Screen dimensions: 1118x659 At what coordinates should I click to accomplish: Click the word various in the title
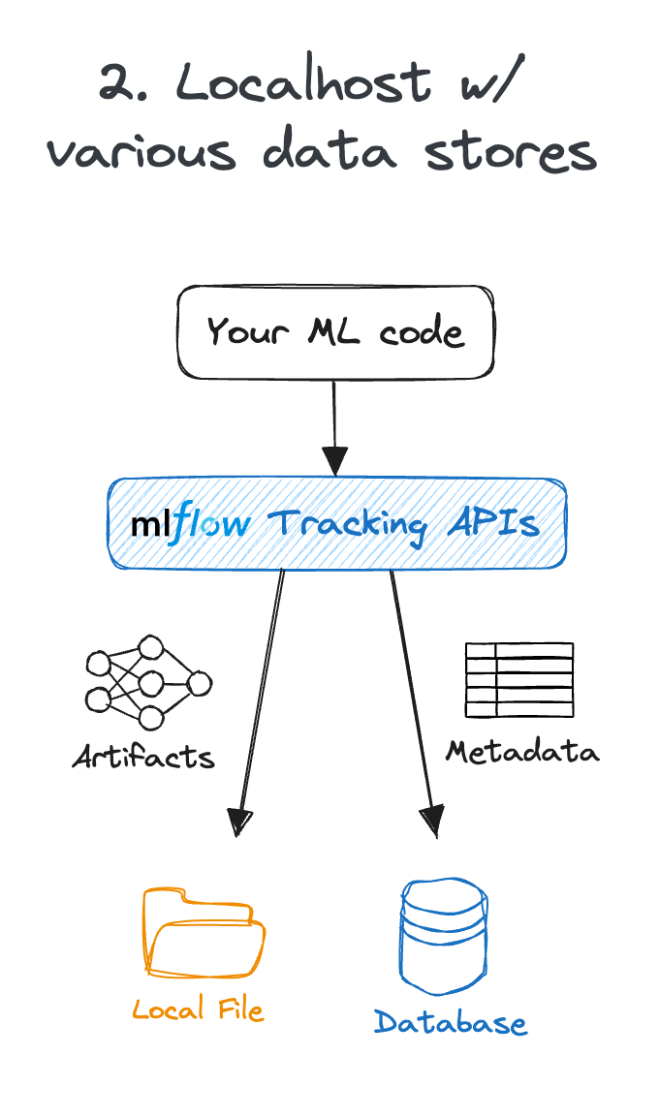(x=141, y=152)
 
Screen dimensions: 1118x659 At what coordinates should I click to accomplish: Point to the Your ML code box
(x=335, y=332)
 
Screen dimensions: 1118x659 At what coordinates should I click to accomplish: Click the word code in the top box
(x=422, y=332)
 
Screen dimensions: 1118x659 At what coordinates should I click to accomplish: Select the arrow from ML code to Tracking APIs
(x=334, y=426)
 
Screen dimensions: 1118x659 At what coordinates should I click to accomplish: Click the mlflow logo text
(x=190, y=524)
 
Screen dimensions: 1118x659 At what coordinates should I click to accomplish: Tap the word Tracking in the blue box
(x=346, y=524)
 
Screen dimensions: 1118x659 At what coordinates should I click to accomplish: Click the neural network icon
(x=147, y=683)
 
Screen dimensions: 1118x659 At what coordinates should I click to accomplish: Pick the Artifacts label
(x=143, y=756)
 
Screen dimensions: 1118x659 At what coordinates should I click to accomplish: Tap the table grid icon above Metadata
(x=519, y=679)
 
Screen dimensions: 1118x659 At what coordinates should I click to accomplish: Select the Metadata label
(x=522, y=751)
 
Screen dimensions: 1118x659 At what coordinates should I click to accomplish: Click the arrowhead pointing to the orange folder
(x=238, y=822)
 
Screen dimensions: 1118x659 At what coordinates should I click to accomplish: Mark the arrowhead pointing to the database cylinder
(x=431, y=822)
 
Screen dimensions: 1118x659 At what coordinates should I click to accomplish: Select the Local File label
(x=198, y=1010)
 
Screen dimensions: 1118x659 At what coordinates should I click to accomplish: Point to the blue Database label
(x=451, y=1023)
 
